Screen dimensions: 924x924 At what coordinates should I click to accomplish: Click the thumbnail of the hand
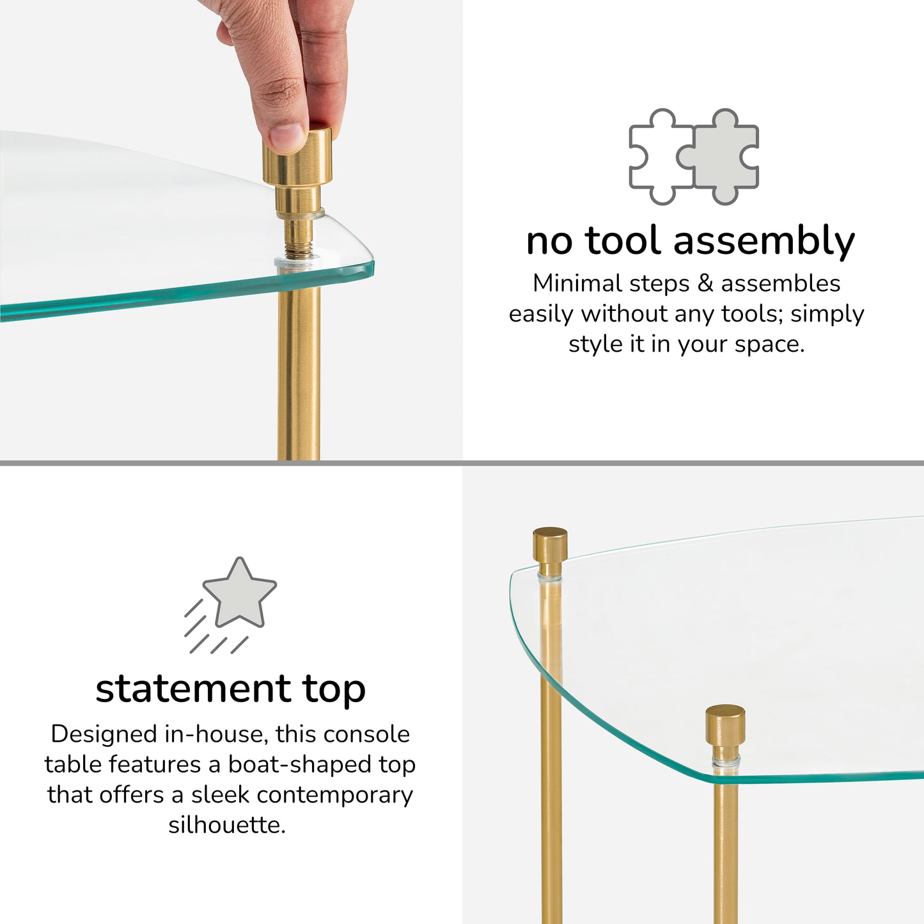[x=286, y=137]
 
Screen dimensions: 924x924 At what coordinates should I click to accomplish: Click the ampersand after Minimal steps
[x=705, y=283]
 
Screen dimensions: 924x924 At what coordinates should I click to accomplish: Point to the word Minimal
[x=578, y=283]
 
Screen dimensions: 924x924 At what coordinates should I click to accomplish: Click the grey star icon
[x=240, y=593]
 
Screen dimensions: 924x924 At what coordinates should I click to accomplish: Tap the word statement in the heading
[x=193, y=689]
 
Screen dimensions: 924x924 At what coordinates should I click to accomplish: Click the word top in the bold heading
[x=334, y=691]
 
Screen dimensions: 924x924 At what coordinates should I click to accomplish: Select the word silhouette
[x=227, y=825]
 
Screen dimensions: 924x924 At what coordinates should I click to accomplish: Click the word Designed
[x=104, y=735]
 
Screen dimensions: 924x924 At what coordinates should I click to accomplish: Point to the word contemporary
[x=334, y=795]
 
